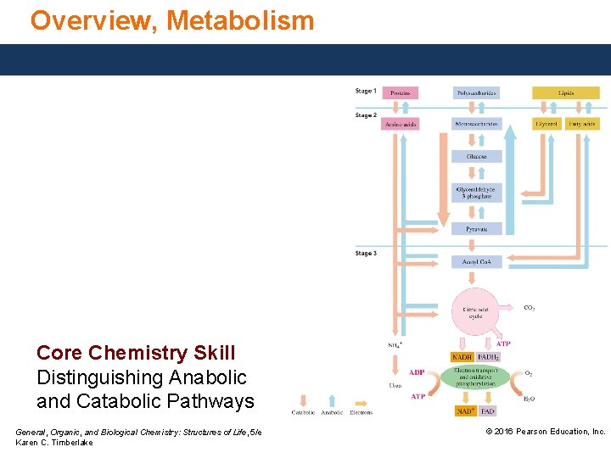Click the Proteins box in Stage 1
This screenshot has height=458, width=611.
[400, 92]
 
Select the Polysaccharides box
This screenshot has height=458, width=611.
[477, 92]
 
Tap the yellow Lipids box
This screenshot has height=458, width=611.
[565, 92]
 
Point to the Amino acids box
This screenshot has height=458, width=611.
[400, 124]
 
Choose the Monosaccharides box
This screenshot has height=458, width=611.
[477, 124]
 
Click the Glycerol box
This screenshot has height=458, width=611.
[547, 124]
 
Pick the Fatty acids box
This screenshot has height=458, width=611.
[582, 124]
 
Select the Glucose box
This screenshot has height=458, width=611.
[477, 156]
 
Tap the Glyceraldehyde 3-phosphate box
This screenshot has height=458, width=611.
[477, 193]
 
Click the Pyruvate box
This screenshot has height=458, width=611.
[477, 229]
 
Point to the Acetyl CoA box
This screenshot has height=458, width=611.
[477, 261]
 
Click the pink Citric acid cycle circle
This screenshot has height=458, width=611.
[476, 312]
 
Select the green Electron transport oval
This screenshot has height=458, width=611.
[474, 377]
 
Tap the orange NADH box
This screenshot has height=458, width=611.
[462, 357]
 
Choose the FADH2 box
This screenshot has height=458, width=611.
[488, 357]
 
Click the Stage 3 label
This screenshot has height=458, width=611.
[366, 254]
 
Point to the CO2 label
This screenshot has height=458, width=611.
[529, 308]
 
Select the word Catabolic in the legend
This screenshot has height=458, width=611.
[303, 413]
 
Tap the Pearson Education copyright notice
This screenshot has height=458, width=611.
[545, 432]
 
